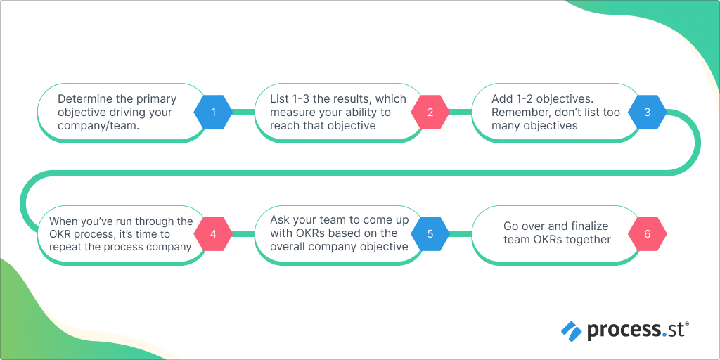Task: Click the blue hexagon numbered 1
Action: click(x=213, y=112)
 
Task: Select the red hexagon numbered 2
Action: click(x=430, y=112)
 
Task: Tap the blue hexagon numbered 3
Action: click(x=647, y=112)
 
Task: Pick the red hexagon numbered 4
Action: click(x=213, y=233)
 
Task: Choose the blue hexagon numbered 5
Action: click(x=430, y=233)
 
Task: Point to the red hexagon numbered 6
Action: click(x=647, y=233)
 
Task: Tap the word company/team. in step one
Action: click(x=98, y=125)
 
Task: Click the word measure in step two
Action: click(x=288, y=112)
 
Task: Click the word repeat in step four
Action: click(x=65, y=247)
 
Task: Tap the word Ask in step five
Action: click(x=278, y=221)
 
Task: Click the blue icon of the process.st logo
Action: click(x=572, y=330)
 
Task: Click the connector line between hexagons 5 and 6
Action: click(x=461, y=233)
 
